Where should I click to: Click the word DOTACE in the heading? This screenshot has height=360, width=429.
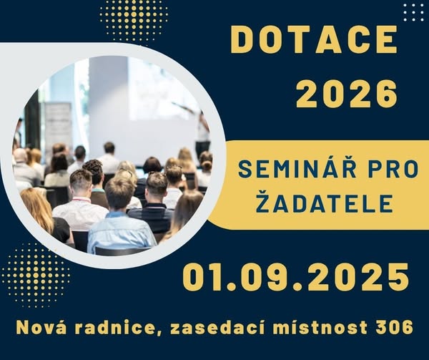tap(314, 39)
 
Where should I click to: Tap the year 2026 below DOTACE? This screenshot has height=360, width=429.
tap(346, 93)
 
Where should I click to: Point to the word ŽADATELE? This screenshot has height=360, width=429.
tap(325, 203)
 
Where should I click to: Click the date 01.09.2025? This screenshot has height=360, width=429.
tap(295, 278)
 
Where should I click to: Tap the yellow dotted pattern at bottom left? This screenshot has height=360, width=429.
tap(36, 275)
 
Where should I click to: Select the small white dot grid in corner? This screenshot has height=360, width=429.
tap(414, 12)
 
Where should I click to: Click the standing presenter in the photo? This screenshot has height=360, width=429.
tap(202, 134)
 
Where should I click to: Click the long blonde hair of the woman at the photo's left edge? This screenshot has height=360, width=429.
tap(37, 210)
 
